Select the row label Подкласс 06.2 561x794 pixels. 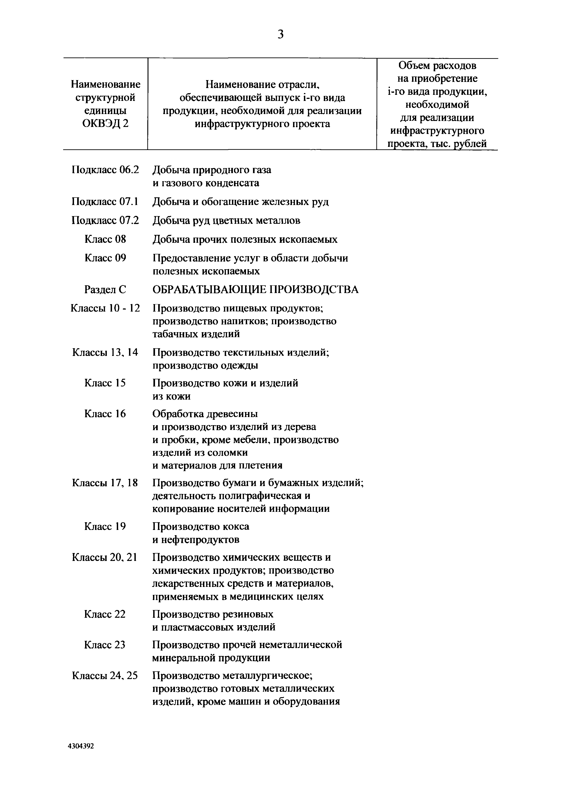(x=105, y=170)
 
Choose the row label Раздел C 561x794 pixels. (x=105, y=289)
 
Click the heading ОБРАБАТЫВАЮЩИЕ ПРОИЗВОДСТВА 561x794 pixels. (x=255, y=289)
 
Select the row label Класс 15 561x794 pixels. (x=105, y=383)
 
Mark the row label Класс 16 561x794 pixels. (x=105, y=414)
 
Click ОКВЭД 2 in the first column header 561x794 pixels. (x=105, y=124)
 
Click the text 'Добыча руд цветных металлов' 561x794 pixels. (x=226, y=220)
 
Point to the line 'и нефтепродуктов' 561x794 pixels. (x=196, y=539)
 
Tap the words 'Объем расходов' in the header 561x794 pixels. (x=437, y=65)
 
